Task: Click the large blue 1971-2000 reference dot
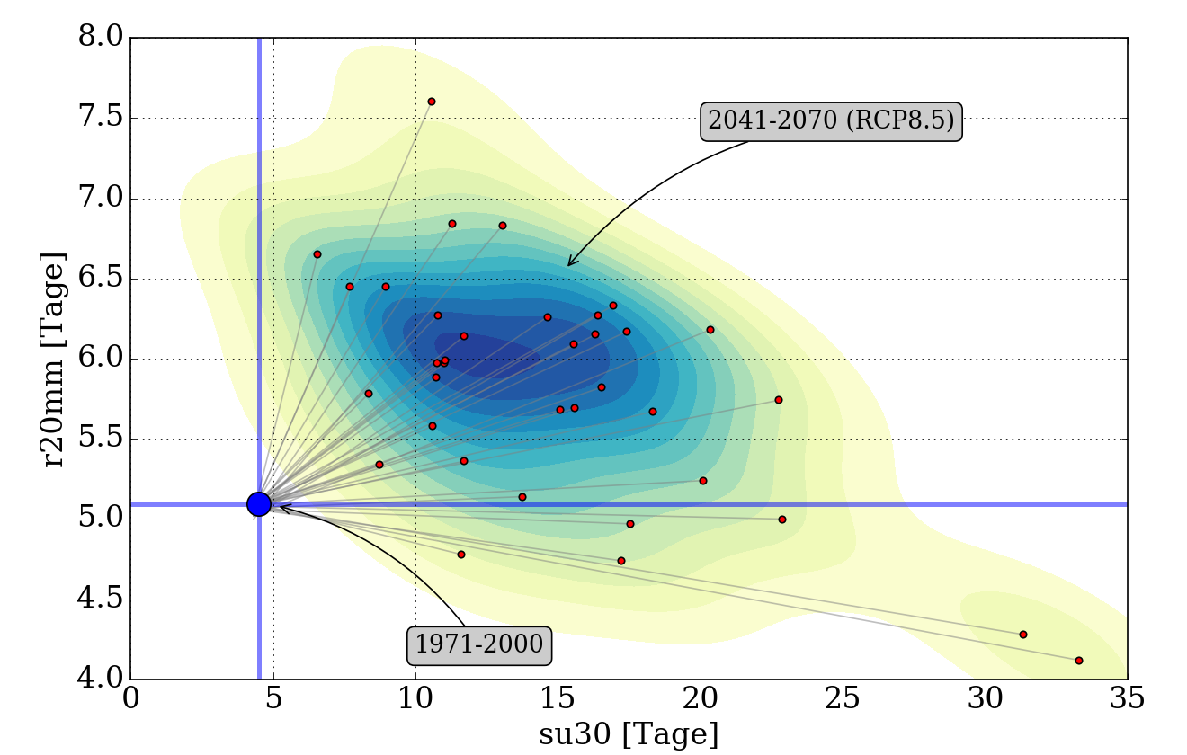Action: click(x=259, y=504)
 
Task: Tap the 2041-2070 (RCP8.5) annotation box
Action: click(x=831, y=120)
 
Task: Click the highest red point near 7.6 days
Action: click(x=432, y=102)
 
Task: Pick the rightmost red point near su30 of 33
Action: click(x=1079, y=661)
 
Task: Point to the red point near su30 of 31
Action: click(x=1023, y=635)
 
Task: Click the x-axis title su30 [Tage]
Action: click(x=629, y=734)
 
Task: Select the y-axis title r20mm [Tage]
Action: click(x=56, y=360)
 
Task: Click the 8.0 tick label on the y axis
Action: click(x=101, y=38)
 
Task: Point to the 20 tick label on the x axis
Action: click(x=701, y=700)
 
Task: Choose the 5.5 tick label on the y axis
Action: click(x=101, y=440)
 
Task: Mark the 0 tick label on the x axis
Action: click(x=130, y=700)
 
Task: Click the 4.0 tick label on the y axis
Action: click(x=101, y=679)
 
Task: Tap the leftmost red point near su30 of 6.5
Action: click(x=317, y=254)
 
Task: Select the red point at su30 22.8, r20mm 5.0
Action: click(x=782, y=520)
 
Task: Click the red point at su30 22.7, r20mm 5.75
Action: click(x=779, y=400)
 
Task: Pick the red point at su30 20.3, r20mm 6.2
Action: click(x=710, y=330)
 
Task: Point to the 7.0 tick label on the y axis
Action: click(x=101, y=199)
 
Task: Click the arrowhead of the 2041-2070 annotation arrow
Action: click(x=568, y=265)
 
